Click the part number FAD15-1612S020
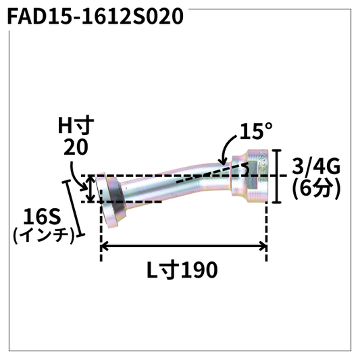pos(95,16)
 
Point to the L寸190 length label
pos(182,270)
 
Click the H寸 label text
pos(73,125)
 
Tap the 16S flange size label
pos(42,217)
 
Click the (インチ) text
pos(42,236)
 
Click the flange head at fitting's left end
pos(107,197)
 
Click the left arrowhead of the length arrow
pos(105,247)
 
